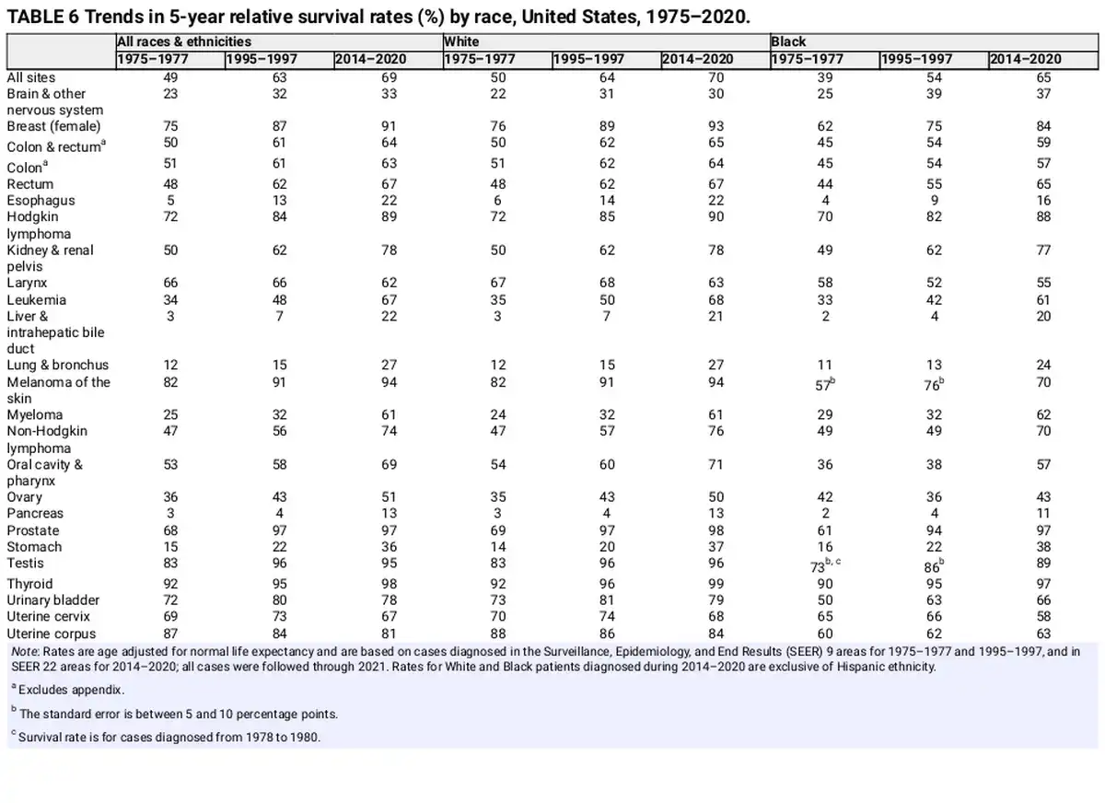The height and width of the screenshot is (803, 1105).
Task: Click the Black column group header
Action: [x=788, y=41]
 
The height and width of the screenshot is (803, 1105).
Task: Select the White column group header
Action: [x=461, y=41]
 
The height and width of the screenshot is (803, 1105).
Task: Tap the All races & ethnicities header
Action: [x=184, y=41]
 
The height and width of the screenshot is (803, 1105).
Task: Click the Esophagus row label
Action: [x=41, y=200]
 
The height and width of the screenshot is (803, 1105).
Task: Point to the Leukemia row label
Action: [x=37, y=300]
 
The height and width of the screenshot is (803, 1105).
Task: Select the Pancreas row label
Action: [x=35, y=513]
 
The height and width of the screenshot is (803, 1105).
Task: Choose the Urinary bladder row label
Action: [x=53, y=599]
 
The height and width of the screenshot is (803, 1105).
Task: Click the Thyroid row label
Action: [x=29, y=584]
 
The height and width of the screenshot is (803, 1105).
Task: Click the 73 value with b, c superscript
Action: [x=825, y=565]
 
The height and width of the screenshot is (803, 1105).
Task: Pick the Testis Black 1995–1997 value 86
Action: [x=934, y=565]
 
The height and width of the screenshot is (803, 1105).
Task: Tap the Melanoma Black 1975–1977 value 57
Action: [x=825, y=384]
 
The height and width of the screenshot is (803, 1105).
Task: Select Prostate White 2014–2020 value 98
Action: [x=715, y=530]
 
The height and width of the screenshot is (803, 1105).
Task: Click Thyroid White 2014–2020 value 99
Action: [x=715, y=584]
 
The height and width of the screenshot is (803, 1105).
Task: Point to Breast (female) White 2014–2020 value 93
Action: [x=715, y=126]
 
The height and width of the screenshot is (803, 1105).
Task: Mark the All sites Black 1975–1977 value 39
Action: [x=825, y=77]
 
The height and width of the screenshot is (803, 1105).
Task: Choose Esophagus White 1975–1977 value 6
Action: [x=498, y=200]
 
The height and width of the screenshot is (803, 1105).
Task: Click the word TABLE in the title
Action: [x=35, y=17]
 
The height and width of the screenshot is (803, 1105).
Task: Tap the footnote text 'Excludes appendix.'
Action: [x=71, y=690]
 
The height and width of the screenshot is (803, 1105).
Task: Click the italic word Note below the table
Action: [x=25, y=652]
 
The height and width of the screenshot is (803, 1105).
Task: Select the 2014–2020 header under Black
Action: [x=1026, y=59]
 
